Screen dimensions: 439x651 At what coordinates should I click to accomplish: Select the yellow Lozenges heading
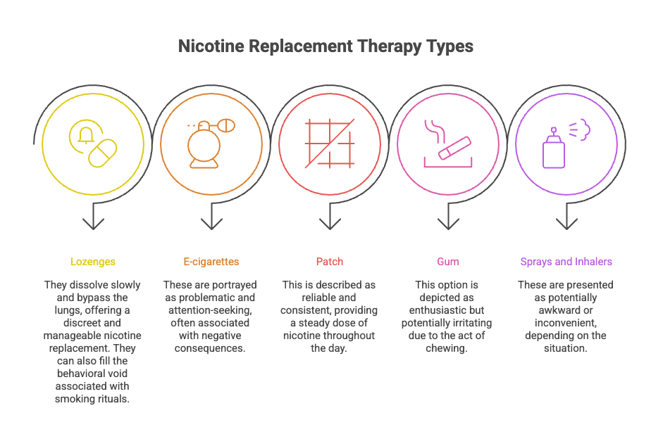point(93,262)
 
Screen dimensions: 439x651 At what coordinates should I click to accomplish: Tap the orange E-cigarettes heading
point(211,262)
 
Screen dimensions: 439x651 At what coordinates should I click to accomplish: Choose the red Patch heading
point(330,262)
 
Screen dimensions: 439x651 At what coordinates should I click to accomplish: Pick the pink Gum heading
point(447,262)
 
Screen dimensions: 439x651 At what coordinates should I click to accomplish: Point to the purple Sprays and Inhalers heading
point(566,262)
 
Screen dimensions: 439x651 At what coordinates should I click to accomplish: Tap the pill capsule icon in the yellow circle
point(103,153)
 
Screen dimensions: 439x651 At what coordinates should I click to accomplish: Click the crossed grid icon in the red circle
point(329,144)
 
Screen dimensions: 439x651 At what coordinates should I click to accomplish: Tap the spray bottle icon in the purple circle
point(554,149)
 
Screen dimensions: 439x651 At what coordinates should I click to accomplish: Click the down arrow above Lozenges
point(93,221)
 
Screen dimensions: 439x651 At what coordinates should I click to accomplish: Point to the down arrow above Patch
point(330,221)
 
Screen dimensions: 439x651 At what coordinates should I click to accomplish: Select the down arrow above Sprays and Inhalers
point(566,221)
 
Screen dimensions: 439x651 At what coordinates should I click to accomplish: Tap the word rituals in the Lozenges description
point(114,399)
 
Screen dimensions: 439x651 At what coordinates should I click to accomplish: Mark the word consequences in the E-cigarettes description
point(211,348)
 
